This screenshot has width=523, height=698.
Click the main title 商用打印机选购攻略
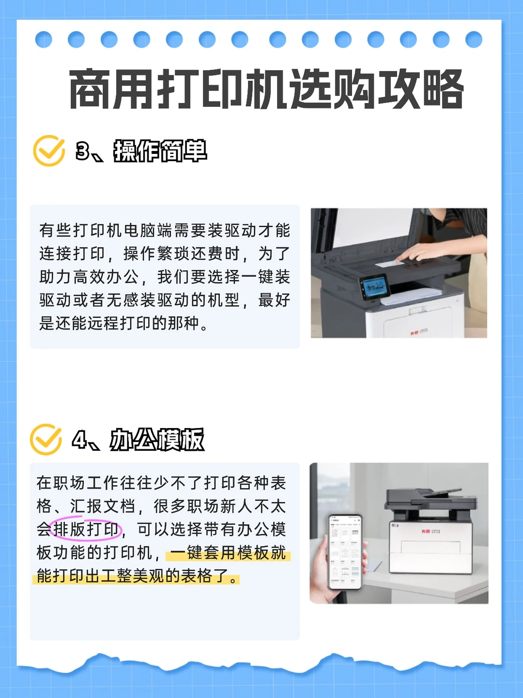266,89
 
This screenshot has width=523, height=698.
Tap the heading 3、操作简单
141,151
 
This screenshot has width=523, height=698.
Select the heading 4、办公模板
138,440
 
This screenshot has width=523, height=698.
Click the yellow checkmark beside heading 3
49,150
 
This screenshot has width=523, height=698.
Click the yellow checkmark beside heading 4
46,440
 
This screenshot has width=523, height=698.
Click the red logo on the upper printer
414,333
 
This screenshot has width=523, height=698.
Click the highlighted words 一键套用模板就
228,553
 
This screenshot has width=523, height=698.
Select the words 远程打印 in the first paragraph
120,324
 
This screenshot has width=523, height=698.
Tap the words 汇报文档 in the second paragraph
103,506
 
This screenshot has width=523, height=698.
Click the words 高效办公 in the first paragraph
106,277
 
